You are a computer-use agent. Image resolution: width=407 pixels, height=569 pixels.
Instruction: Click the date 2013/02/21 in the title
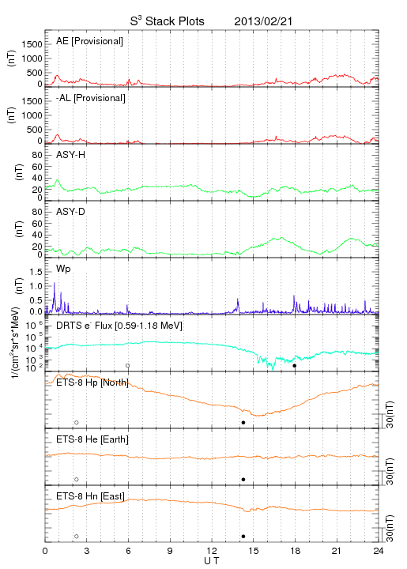tap(263, 21)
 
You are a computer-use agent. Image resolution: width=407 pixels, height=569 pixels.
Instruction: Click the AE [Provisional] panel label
tap(89, 41)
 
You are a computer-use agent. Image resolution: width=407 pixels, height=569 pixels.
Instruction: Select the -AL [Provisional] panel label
tap(91, 98)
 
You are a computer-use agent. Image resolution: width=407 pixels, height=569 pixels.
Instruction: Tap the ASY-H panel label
tap(71, 155)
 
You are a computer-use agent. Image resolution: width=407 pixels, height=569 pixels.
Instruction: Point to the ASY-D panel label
tap(71, 212)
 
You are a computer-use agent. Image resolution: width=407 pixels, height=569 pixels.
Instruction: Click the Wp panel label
tap(63, 269)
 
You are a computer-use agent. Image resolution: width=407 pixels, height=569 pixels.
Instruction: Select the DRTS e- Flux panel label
tap(119, 326)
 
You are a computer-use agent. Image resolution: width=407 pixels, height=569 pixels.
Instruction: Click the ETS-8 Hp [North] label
tap(92, 382)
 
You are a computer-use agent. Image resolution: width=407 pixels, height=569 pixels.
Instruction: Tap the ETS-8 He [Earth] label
tap(92, 439)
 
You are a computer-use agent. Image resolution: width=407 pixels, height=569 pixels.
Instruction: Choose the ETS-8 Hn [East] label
tap(90, 496)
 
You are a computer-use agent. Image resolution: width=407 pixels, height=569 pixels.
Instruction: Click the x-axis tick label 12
tap(212, 551)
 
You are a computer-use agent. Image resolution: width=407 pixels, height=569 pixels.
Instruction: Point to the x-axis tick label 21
tap(337, 551)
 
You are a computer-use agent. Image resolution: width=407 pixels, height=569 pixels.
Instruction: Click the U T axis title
tap(212, 561)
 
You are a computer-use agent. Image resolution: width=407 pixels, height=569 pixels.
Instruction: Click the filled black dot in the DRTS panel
tap(295, 366)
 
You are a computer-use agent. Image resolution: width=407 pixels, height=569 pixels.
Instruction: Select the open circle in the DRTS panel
tap(128, 366)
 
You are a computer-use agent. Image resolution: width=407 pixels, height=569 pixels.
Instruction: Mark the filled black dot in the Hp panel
tap(243, 422)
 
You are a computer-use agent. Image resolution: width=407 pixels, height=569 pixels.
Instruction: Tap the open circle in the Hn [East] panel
tap(77, 537)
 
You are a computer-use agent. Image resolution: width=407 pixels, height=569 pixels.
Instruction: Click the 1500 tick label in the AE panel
tap(32, 44)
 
